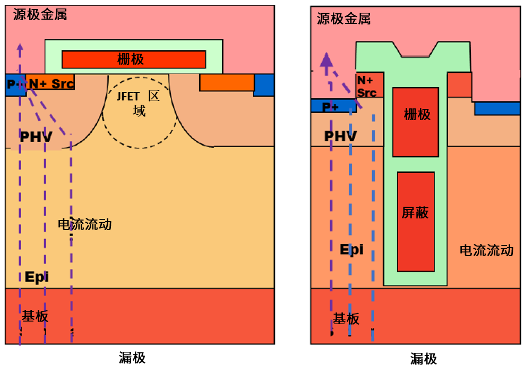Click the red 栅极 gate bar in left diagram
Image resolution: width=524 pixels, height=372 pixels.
coord(134,59)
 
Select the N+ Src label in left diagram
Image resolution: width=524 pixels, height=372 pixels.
coord(51,83)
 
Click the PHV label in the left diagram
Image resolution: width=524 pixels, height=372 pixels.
coord(36,137)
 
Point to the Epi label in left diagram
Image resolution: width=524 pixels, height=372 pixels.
coord(37,276)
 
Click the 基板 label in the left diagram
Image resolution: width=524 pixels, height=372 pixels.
coord(35,317)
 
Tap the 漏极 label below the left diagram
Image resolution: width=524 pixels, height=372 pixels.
coord(132,358)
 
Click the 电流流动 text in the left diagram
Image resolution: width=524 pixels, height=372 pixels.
coord(85,224)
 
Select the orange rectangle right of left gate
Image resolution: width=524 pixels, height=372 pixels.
coord(227,82)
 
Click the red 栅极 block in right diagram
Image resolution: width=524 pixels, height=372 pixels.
coord(416,122)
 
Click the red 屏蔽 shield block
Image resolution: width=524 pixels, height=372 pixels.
coord(416,221)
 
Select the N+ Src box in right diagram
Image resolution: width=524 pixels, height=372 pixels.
coord(368,86)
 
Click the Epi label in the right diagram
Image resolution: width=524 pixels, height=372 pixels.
coord(351,249)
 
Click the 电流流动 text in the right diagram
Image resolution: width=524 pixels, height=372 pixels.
coord(486,250)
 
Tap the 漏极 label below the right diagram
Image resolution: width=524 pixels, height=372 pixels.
coord(423,359)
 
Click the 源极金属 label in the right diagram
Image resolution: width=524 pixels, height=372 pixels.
coord(343,19)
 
